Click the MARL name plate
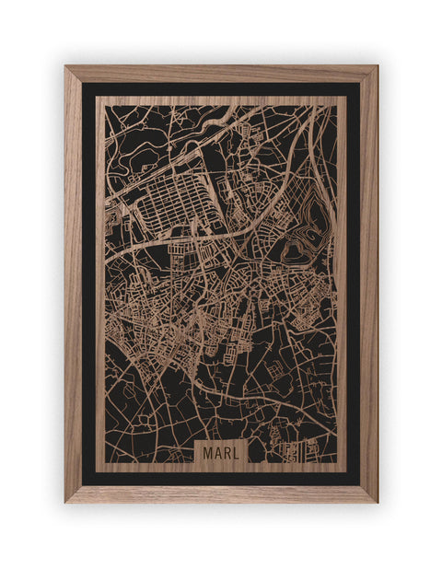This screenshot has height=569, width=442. click(x=220, y=453)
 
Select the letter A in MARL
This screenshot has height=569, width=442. click(x=217, y=453)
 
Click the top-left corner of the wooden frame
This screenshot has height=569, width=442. click(x=65, y=66)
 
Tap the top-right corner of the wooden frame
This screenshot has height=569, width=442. click(x=377, y=66)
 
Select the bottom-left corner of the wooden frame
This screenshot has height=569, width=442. click(x=65, y=502)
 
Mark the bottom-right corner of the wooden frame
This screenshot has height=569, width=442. click(x=377, y=502)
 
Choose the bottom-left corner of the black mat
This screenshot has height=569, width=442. click(x=82, y=485)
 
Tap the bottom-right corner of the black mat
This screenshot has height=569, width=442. click(x=360, y=485)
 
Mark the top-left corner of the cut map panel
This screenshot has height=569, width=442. click(x=96, y=96)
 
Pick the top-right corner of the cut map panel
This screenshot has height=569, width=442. click(x=346, y=96)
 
